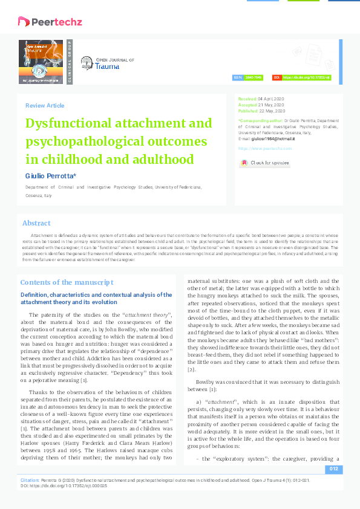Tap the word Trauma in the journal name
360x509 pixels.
tap(107, 66)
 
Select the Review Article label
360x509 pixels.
tap(45, 106)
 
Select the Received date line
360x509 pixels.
tap(261, 98)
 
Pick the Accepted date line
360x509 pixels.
tap(261, 105)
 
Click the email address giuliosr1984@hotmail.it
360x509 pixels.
tap(275, 138)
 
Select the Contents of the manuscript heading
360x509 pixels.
tap(67, 282)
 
